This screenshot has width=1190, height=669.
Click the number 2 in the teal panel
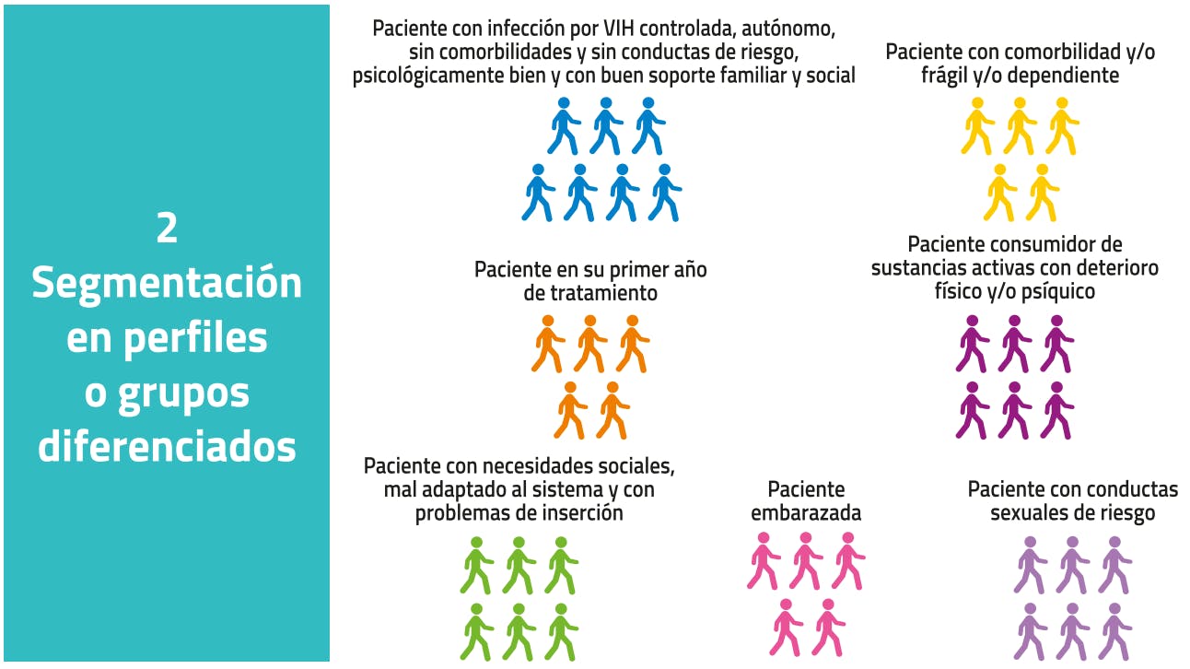point(167,228)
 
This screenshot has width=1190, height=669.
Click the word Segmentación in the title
point(167,284)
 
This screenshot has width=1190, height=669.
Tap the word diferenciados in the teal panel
point(167,446)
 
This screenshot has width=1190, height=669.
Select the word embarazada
point(806,512)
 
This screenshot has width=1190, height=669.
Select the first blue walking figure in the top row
point(564,126)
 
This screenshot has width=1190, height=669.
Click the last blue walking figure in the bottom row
point(665,193)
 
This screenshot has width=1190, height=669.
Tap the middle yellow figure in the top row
point(1020,126)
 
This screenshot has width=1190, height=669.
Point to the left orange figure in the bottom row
point(570,410)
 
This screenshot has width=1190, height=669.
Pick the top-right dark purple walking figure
point(1057,344)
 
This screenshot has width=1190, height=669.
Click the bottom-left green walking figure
point(476,632)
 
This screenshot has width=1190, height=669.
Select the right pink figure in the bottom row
point(828,628)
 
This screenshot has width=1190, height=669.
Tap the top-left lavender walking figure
point(1030,566)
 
